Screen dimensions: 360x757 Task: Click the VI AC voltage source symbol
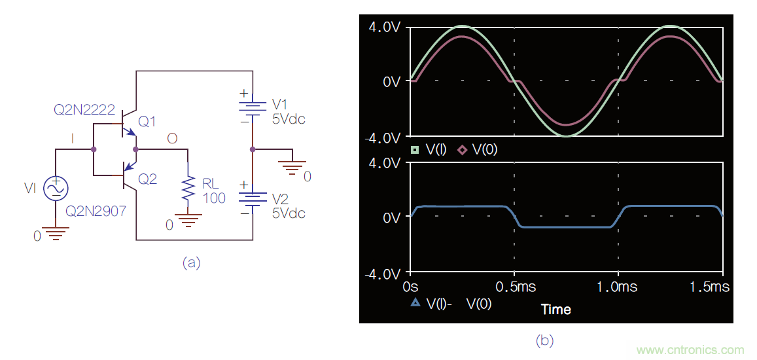(x=56, y=189)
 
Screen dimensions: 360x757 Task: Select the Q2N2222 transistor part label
(x=85, y=109)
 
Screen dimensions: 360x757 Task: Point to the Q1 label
(x=148, y=122)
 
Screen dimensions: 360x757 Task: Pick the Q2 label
(x=148, y=179)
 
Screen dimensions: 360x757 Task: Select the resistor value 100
(x=214, y=198)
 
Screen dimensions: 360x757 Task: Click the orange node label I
(x=73, y=138)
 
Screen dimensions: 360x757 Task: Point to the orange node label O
(x=172, y=139)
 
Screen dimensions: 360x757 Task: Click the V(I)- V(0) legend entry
(x=451, y=304)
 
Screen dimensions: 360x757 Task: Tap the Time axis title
(x=555, y=309)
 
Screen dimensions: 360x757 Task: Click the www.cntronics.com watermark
(x=690, y=350)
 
